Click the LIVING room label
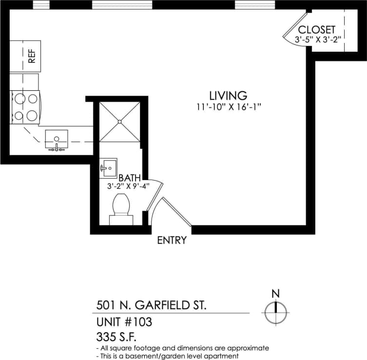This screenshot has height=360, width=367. click(x=228, y=96)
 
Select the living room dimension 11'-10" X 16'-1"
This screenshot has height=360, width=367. click(x=228, y=107)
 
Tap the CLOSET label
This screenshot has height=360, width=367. click(x=317, y=29)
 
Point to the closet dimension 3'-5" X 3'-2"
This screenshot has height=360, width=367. click(x=317, y=39)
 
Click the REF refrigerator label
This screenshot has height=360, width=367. click(x=32, y=56)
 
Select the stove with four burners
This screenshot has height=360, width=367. click(x=26, y=107)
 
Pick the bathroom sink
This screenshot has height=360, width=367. click(x=108, y=168)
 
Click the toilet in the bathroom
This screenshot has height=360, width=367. click(x=120, y=207)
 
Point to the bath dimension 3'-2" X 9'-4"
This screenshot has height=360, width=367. click(x=128, y=186)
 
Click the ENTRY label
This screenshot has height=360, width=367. click(x=172, y=240)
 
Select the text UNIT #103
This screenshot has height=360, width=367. click(x=124, y=322)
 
